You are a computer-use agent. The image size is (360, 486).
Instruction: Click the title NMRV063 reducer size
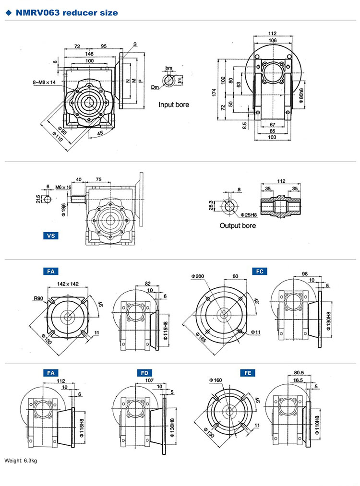pos(67,13)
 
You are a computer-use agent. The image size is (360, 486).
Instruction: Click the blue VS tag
pos(50,236)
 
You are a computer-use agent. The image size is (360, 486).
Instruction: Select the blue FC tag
pos(260,271)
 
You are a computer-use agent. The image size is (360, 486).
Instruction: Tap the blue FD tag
pos(143,372)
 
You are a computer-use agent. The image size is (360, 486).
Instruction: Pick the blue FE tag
pos(247,373)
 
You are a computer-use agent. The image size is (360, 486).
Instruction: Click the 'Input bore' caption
pos(174,104)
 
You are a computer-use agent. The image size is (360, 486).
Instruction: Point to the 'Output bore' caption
pos(238,225)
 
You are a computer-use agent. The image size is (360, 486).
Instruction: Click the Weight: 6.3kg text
pos(21,461)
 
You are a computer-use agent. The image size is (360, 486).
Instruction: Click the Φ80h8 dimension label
pos(301,96)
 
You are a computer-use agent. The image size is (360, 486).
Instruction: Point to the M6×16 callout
pos(63,187)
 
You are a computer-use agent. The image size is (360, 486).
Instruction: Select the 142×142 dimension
pos(68,284)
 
